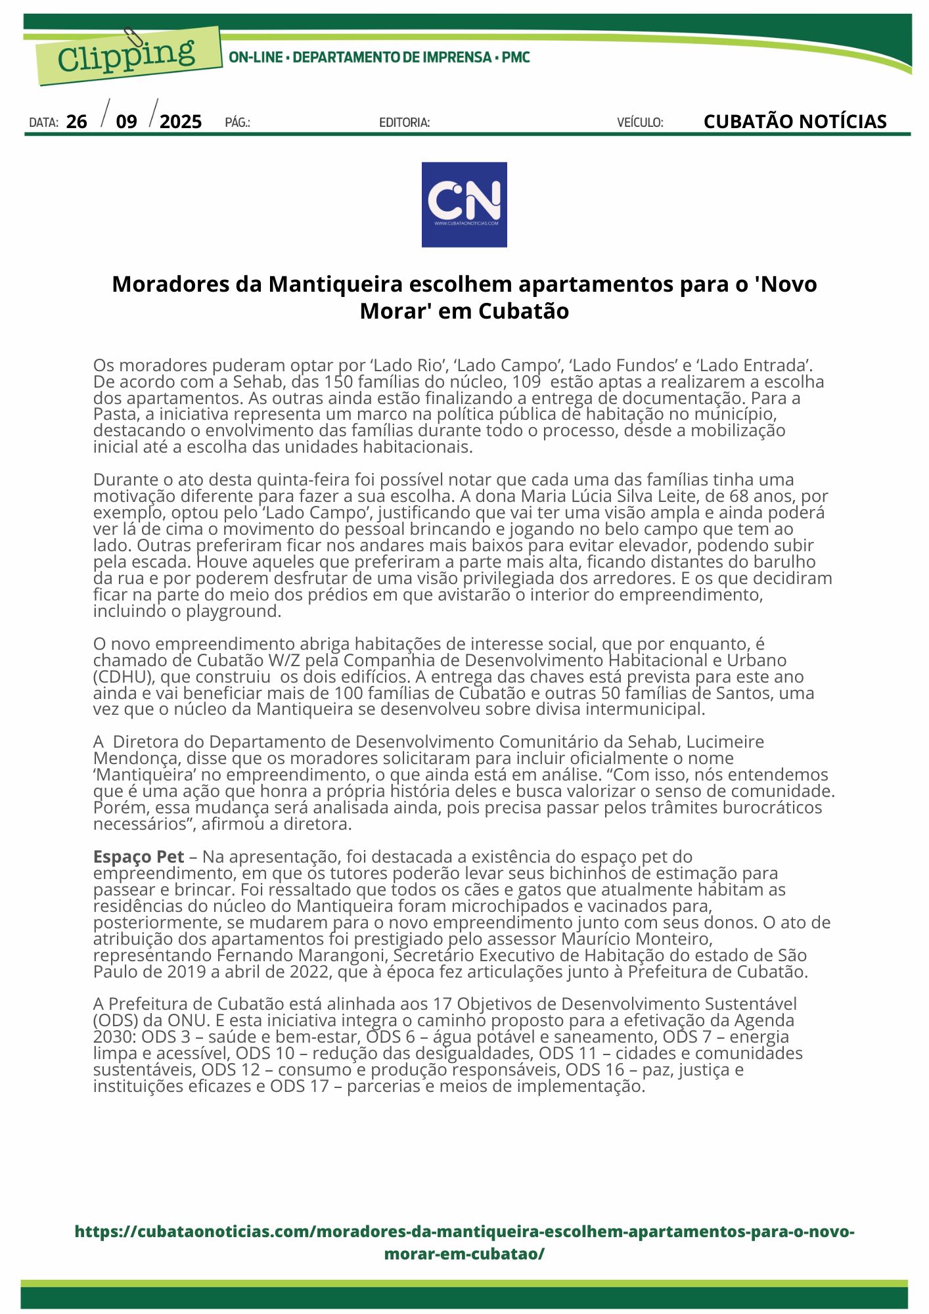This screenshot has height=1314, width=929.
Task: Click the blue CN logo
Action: [464, 204]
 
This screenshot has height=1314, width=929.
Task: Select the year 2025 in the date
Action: [181, 122]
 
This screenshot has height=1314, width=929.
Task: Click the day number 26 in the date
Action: [77, 122]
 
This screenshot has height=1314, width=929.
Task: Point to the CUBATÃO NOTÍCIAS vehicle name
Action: [794, 122]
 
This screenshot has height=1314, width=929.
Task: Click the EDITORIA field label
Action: [404, 122]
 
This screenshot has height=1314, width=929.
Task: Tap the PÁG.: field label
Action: [237, 122]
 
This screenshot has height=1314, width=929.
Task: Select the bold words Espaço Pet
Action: [139, 857]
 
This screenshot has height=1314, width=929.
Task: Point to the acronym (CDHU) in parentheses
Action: [124, 677]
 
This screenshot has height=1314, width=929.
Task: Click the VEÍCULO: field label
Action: [640, 122]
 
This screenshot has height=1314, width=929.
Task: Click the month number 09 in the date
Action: [126, 122]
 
